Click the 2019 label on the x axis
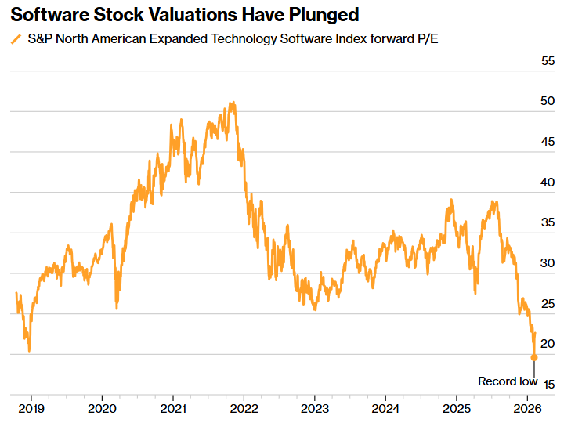(x=31, y=408)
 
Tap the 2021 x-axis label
(x=173, y=408)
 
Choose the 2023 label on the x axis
(x=314, y=408)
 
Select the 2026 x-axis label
(x=528, y=408)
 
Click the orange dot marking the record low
(x=534, y=357)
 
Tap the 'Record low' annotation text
(x=508, y=381)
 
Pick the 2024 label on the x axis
(x=385, y=408)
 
